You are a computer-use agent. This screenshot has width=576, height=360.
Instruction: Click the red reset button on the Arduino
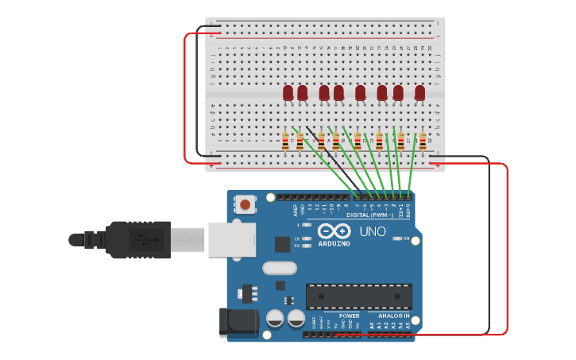pos(245,205)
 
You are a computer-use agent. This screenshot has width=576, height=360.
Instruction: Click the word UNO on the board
pos(373,232)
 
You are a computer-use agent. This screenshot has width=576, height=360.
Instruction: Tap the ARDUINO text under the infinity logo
pos(334,243)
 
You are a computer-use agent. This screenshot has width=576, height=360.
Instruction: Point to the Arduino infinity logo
pos(334,231)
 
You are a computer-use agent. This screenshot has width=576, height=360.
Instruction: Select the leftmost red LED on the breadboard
pos(288,94)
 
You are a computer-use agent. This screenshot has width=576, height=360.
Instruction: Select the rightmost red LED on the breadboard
pos(419,94)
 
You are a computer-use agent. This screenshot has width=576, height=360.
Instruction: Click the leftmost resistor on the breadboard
pos(285,142)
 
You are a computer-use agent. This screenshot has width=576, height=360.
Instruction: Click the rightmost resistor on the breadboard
pos(423,142)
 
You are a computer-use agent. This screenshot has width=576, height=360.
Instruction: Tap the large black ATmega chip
pos(359,296)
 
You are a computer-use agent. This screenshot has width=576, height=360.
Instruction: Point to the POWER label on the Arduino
pos(350,315)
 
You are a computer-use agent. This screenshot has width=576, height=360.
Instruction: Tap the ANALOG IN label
pos(394,315)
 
